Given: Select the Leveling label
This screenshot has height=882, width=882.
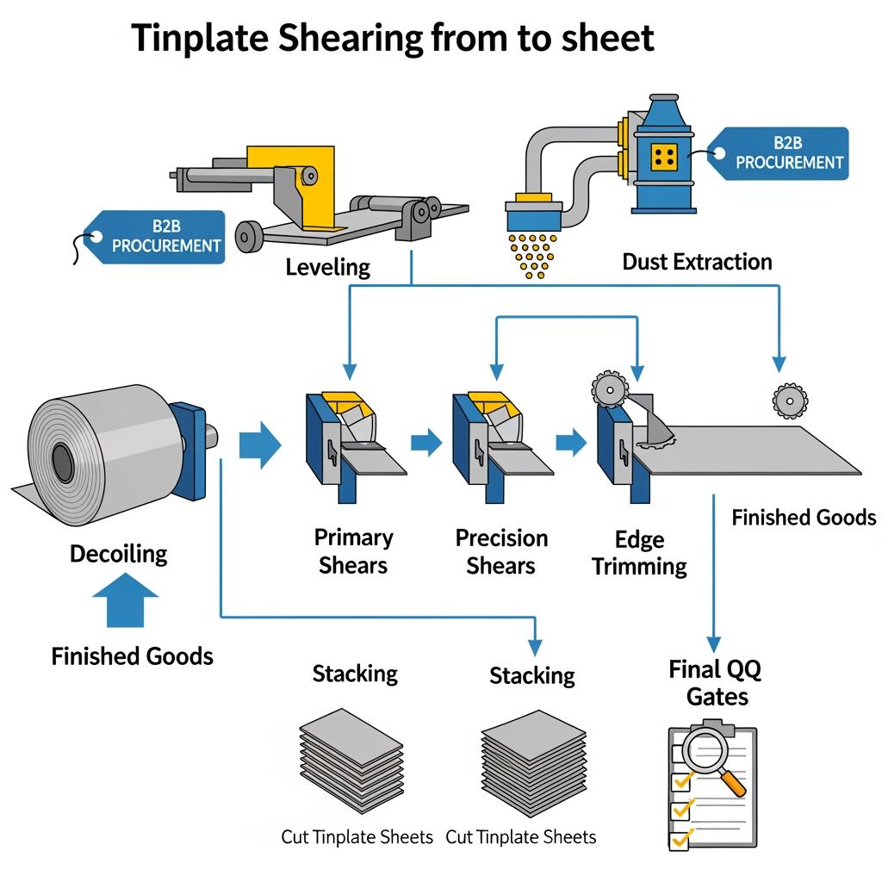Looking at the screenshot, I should [327, 267].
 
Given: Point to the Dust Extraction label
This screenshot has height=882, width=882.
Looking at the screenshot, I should [697, 262].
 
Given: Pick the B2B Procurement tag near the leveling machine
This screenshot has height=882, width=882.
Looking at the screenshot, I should [159, 236].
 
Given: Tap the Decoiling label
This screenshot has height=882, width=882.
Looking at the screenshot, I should [119, 553].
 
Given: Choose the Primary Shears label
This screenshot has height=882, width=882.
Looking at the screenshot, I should [353, 551].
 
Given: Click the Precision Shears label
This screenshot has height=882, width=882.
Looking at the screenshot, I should [501, 552].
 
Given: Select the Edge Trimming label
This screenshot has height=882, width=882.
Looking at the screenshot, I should [639, 553].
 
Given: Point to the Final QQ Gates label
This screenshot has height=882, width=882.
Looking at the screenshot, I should [716, 682].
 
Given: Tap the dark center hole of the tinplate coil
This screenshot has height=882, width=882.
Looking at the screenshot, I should [63, 464].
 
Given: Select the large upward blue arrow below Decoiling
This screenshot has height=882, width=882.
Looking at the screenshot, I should [124, 599].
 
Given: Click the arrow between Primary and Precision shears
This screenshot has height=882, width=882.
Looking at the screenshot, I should [426, 444].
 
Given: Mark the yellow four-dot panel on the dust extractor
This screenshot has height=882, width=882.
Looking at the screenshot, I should [665, 156].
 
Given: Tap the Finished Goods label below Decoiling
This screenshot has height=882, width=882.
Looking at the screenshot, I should [132, 656].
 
